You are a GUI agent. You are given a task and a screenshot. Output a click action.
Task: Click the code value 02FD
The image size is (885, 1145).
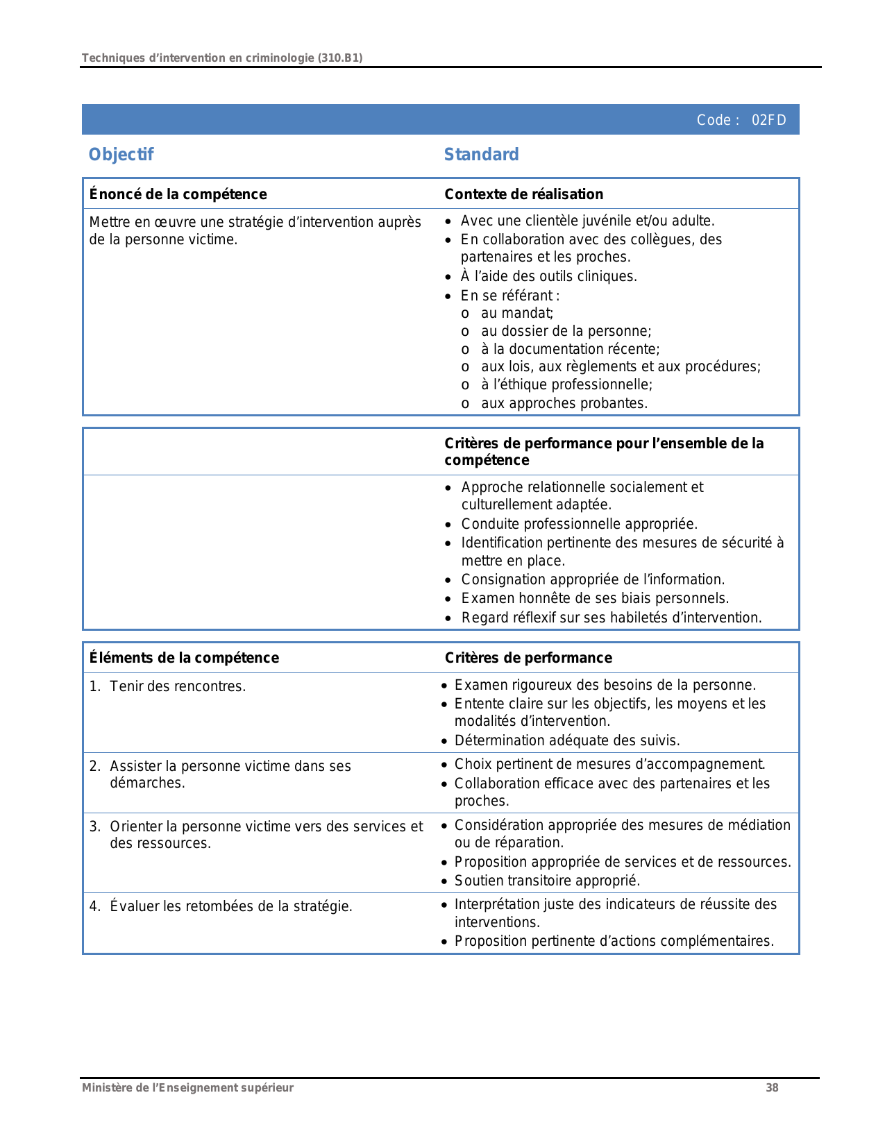pyautogui.click(x=768, y=120)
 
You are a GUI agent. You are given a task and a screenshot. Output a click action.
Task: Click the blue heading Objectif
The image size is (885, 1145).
pyautogui.click(x=121, y=154)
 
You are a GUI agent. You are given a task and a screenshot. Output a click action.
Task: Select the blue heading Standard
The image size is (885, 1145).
pyautogui.click(x=481, y=154)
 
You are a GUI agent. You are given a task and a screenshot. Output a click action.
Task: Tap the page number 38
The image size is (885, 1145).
pyautogui.click(x=772, y=1088)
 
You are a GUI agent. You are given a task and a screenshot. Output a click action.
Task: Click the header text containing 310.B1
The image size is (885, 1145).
pyautogui.click(x=222, y=58)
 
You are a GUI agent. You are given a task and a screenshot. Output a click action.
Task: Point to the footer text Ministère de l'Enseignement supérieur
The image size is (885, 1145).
pyautogui.click(x=187, y=1088)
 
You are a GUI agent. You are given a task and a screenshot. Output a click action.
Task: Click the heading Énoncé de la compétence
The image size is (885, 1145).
pyautogui.click(x=178, y=194)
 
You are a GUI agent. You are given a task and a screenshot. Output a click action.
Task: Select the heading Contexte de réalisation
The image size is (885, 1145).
pyautogui.click(x=523, y=194)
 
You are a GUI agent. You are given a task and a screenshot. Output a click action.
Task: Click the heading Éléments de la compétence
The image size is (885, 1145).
pyautogui.click(x=184, y=658)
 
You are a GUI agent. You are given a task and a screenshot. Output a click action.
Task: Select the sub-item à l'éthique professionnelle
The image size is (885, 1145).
pyautogui.click(x=566, y=384)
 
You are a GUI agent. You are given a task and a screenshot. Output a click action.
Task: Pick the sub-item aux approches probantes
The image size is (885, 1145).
pyautogui.click(x=564, y=403)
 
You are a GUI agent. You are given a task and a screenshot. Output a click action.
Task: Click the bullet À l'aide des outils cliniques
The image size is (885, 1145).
pyautogui.click(x=548, y=276)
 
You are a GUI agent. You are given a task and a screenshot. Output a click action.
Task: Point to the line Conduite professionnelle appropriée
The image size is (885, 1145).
pyautogui.click(x=579, y=524)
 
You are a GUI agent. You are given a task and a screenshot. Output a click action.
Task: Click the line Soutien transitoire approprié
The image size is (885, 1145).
pyautogui.click(x=547, y=881)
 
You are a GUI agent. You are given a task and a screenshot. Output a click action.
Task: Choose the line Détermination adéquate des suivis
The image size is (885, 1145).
pyautogui.click(x=567, y=740)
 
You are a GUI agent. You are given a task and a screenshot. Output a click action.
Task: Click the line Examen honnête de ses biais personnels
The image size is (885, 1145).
pyautogui.click(x=595, y=598)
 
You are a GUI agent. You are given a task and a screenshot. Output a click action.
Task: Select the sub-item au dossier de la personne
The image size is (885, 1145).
pyautogui.click(x=566, y=331)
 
